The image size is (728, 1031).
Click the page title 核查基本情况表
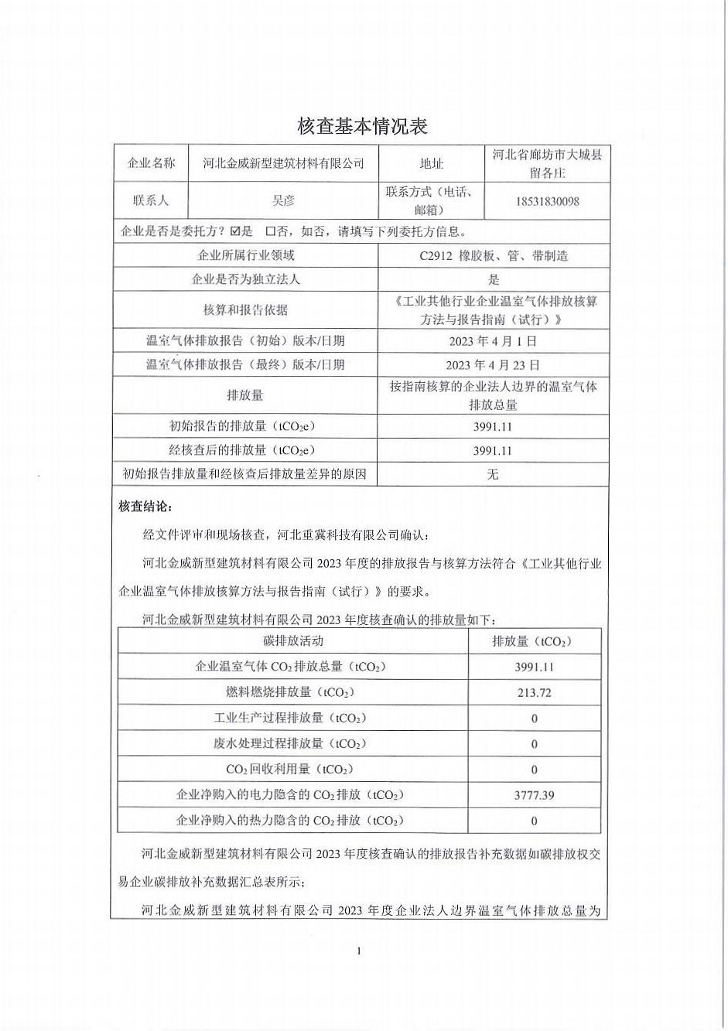click(x=363, y=125)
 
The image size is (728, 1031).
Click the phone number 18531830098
click(x=546, y=201)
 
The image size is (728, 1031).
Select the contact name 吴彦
click(x=283, y=200)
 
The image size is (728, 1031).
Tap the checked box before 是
click(x=235, y=230)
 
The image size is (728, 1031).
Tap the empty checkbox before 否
click(x=270, y=230)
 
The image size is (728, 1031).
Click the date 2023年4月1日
click(x=492, y=340)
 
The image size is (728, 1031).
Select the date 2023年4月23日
click(x=492, y=364)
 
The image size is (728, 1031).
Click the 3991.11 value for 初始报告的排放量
click(x=493, y=426)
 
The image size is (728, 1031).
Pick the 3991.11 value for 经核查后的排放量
click(x=493, y=450)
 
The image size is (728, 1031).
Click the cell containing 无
click(x=493, y=474)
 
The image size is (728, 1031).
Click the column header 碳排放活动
click(x=293, y=640)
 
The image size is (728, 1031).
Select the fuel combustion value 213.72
click(x=534, y=692)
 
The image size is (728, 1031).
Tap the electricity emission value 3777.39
click(x=534, y=794)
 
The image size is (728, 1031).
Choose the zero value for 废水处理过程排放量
click(x=534, y=744)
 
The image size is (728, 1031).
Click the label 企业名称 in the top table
click(x=151, y=163)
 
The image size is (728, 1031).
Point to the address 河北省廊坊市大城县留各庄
click(x=546, y=163)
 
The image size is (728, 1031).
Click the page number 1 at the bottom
click(x=360, y=951)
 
